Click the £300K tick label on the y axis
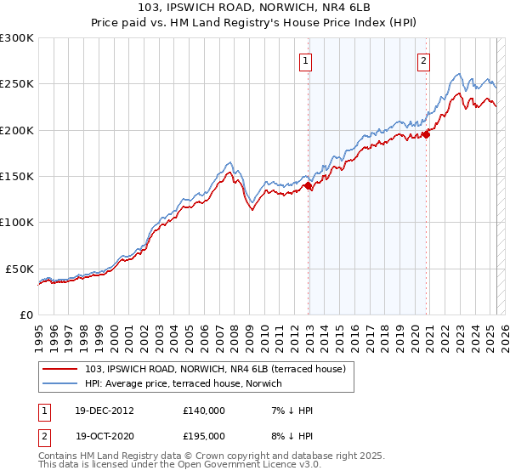tap(17, 38)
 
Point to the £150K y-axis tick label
tap(17, 176)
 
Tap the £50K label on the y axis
tap(20, 268)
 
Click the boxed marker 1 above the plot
tap(304, 60)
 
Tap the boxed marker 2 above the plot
tap(423, 60)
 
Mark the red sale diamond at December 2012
tap(308, 186)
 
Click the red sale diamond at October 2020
tap(427, 133)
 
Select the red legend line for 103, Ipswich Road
tap(62, 369)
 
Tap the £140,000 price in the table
tap(204, 411)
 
